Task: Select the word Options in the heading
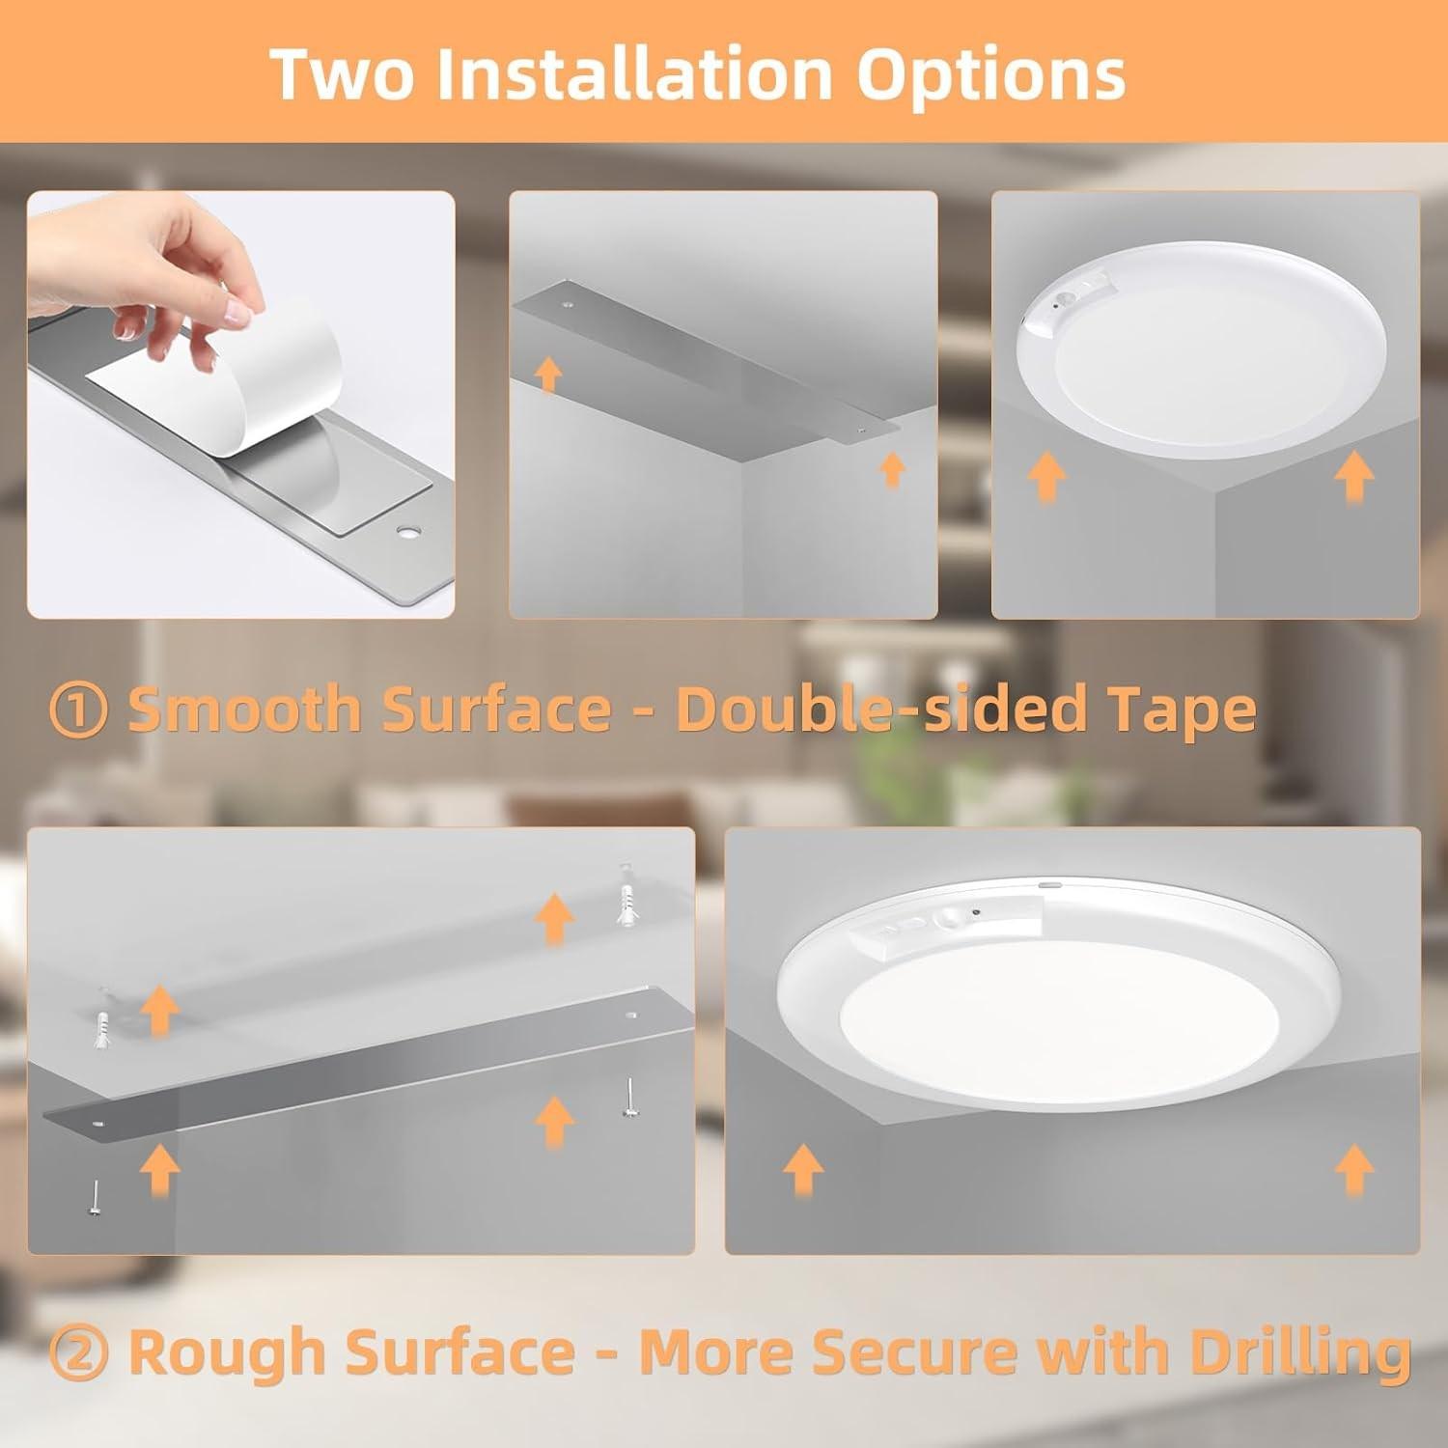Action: pyautogui.click(x=991, y=75)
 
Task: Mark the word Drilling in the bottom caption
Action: pyautogui.click(x=1300, y=1351)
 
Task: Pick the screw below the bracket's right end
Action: pyautogui.click(x=629, y=1100)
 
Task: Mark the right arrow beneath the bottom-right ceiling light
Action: pyautogui.click(x=1353, y=1170)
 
